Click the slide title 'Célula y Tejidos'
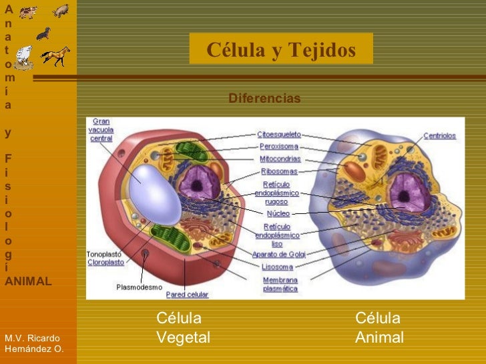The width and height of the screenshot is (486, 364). (x=281, y=51)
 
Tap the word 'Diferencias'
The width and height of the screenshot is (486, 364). (x=264, y=99)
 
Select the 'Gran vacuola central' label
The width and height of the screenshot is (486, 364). (x=101, y=130)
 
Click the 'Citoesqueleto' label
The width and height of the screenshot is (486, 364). (x=279, y=134)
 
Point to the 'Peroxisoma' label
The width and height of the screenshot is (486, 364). (x=278, y=147)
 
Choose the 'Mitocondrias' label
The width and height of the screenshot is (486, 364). (x=280, y=159)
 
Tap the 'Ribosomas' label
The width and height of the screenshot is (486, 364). (x=280, y=171)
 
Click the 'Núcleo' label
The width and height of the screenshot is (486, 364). (x=278, y=214)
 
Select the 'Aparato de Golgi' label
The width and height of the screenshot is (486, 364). (x=278, y=254)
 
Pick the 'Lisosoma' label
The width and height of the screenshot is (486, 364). (x=278, y=267)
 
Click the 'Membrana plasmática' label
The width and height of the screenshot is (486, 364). (x=280, y=285)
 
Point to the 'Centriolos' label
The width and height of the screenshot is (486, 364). (x=439, y=136)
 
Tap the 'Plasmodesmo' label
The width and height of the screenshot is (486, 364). (x=139, y=287)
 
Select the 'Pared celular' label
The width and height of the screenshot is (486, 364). (x=187, y=294)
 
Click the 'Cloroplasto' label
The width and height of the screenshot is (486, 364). (x=105, y=263)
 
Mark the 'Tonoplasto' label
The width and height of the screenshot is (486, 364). (x=104, y=254)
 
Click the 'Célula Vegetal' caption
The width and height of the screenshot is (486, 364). (x=182, y=328)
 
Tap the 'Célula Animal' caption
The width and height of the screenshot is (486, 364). (x=379, y=328)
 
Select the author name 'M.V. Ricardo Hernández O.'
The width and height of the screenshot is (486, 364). (x=34, y=343)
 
